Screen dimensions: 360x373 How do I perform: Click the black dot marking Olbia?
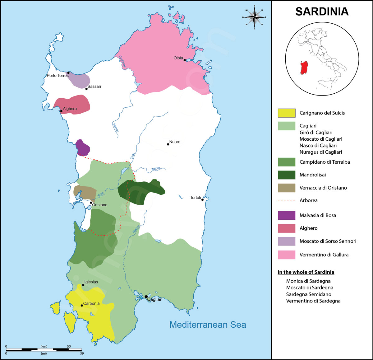185,60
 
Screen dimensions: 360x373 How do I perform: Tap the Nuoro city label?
175,142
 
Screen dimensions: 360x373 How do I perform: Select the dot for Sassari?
86,89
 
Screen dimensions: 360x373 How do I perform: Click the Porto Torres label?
58,76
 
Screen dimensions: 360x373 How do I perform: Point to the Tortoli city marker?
202,199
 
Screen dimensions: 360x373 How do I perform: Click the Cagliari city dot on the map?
146,297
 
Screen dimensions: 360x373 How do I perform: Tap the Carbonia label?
91,303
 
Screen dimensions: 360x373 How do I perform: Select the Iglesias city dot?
83,285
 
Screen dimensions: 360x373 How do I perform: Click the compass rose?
254,17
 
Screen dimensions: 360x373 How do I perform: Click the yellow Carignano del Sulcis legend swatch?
286,113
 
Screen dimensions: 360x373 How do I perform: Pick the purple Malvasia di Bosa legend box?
286,215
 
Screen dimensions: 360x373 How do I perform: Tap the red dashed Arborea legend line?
286,201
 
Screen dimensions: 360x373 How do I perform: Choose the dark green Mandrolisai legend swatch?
286,175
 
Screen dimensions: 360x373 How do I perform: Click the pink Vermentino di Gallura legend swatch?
286,255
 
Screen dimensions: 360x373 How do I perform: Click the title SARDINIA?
322,12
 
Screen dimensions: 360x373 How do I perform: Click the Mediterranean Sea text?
208,325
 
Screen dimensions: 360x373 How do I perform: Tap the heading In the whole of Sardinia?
306,272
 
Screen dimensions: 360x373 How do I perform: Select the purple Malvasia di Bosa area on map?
82,148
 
